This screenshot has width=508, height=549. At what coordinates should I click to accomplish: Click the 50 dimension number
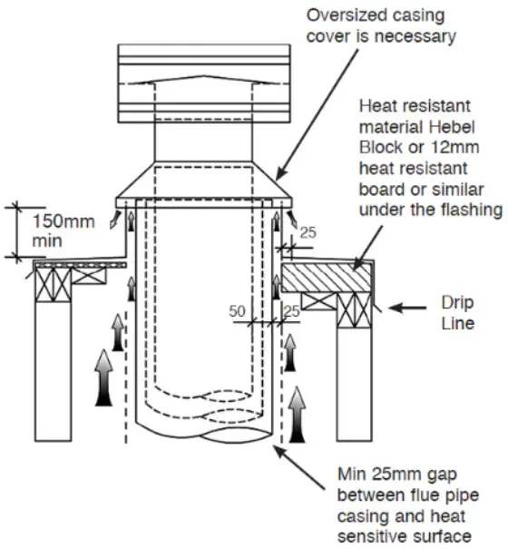[x=239, y=310]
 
